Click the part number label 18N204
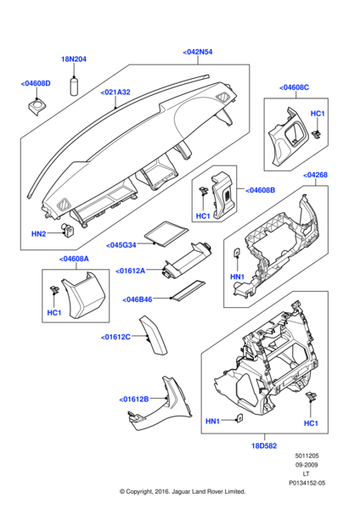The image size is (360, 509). point(74,59)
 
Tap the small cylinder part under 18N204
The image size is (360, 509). point(74,86)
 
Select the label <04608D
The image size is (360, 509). point(36,83)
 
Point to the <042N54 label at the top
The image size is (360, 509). point(197,52)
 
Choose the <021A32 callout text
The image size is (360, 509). point(115,92)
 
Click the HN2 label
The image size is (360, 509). point(38,233)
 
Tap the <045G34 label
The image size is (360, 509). point(122,246)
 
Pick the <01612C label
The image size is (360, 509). point(115,337)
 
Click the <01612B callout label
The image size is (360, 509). point(134,398)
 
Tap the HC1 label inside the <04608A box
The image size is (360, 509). point(55,313)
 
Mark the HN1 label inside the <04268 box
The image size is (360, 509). point(237,277)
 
